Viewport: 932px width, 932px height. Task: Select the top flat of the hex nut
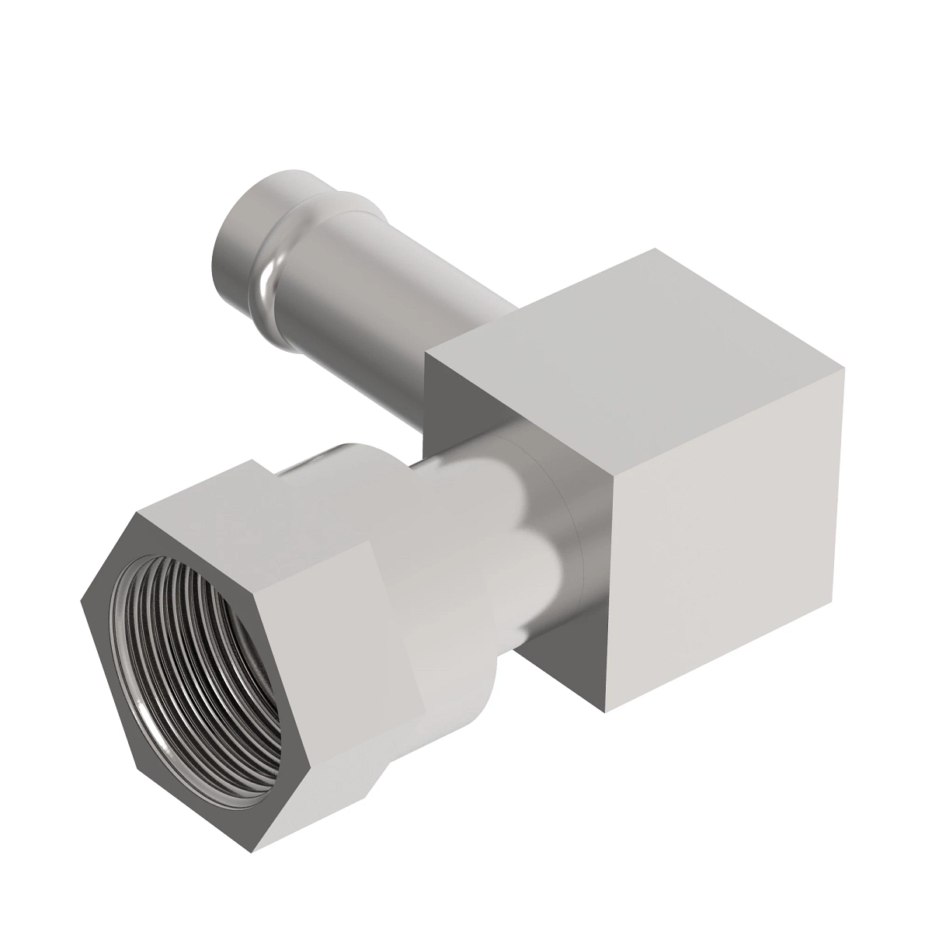click(256, 505)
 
